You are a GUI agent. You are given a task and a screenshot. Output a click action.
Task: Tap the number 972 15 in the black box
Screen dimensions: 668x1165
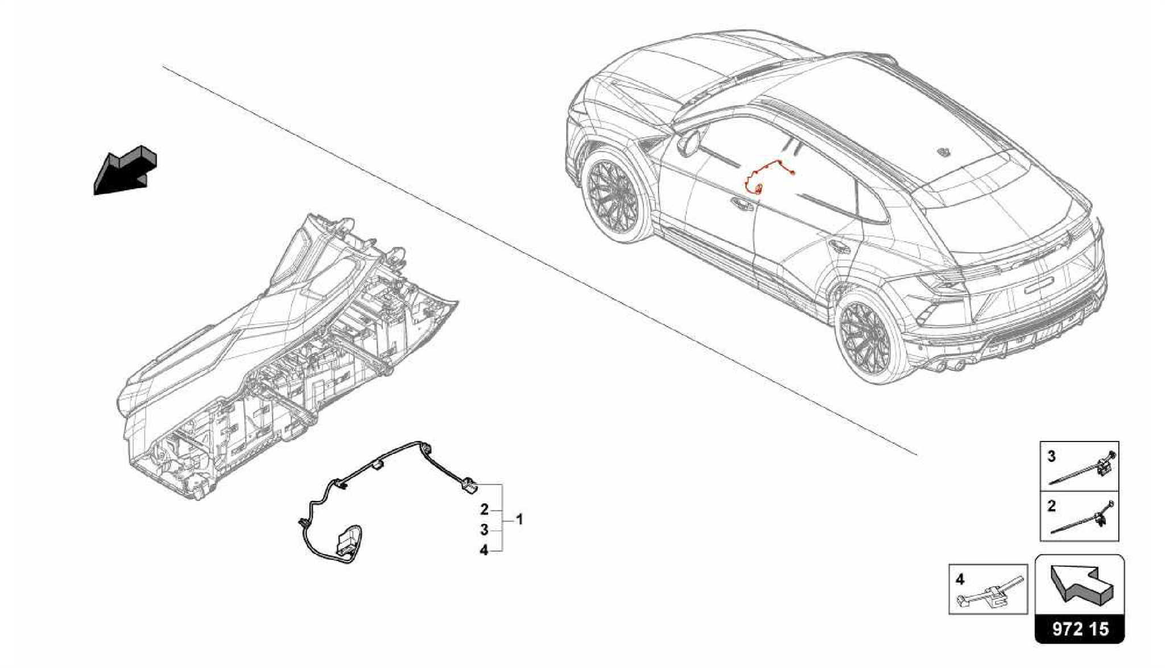tap(1080, 629)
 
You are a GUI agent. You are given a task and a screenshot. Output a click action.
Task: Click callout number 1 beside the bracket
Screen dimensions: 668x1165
tap(518, 519)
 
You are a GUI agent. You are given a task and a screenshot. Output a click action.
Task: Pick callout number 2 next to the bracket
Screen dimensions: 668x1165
tap(484, 509)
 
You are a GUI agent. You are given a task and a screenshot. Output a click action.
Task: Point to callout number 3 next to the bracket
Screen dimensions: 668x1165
tap(484, 530)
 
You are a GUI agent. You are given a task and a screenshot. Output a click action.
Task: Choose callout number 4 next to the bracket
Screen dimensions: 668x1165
tap(484, 551)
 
